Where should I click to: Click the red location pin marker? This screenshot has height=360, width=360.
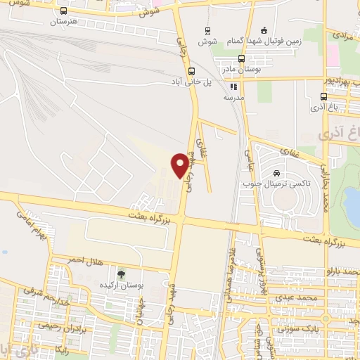(x=181, y=164)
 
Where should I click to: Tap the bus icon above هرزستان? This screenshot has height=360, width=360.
(x=65, y=11)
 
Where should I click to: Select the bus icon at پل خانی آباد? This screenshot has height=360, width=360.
(x=191, y=71)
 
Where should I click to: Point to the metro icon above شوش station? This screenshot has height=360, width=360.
(x=207, y=30)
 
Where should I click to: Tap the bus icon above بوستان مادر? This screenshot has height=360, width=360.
(x=241, y=59)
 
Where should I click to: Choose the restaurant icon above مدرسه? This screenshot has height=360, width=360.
(x=233, y=87)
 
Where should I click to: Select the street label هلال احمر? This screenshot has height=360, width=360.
(x=84, y=261)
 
